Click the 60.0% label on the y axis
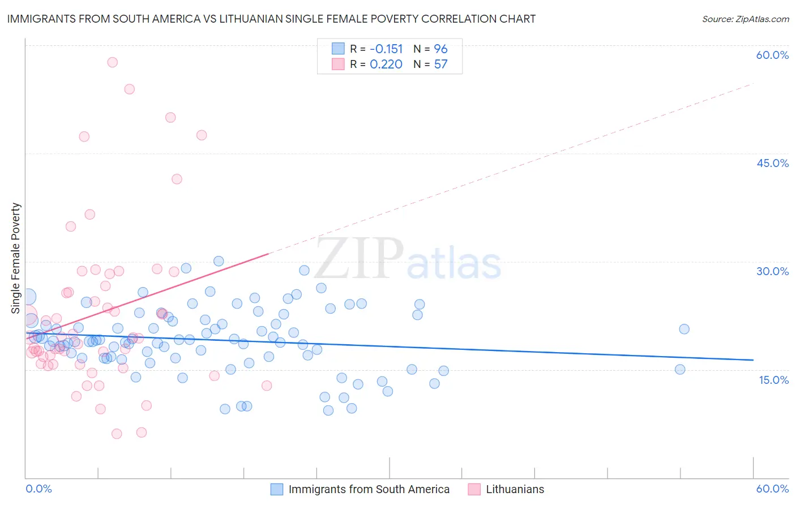772,55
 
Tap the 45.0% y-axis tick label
772,163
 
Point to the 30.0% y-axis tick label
772,271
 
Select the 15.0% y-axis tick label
773,380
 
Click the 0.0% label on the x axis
38,489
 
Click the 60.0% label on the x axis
772,489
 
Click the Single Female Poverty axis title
16,258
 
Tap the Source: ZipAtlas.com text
745,19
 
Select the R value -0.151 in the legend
386,49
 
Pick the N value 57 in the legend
440,64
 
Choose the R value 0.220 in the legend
386,64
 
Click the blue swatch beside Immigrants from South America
276,489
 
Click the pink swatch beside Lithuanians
474,489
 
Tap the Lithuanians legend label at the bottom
515,489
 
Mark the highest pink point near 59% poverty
112,62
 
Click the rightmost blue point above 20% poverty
684,329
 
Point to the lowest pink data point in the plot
117,434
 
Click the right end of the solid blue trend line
753,360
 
